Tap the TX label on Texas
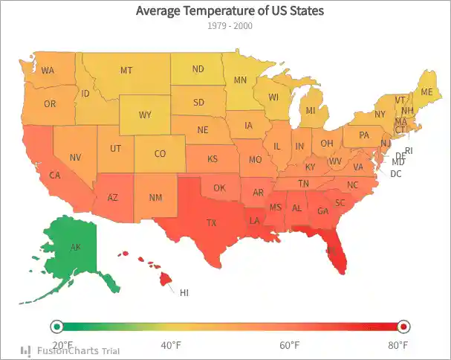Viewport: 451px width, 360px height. coord(211,222)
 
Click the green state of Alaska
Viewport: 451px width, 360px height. coord(74,249)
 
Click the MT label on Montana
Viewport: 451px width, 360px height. coord(126,71)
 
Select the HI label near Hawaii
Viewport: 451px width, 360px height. coord(184,293)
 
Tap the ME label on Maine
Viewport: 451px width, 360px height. coord(426,91)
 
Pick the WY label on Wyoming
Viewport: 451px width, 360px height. coord(145,115)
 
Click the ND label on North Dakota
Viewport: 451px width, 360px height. coord(198,69)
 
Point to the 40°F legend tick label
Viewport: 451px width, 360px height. coord(172,345)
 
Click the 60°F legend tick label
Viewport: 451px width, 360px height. coord(289,345)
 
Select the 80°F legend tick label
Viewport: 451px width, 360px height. coord(398,345)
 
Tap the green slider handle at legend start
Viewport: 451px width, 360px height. coord(56,327)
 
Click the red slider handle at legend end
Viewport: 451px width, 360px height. coord(403,327)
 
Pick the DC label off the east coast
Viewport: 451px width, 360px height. coord(395,174)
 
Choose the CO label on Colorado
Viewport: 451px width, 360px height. coord(160,154)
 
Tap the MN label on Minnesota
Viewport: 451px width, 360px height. coord(240,80)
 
